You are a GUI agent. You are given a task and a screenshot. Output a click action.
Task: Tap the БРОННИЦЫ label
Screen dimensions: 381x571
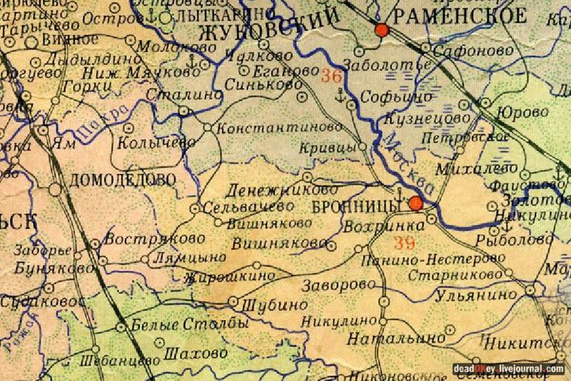coord(357,206)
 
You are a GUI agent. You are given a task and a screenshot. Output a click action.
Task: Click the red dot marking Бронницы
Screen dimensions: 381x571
coord(416,203)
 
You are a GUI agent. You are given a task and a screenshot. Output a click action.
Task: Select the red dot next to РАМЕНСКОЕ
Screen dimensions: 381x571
coord(381,30)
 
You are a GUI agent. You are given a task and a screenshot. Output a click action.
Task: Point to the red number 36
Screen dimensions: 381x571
coord(331,76)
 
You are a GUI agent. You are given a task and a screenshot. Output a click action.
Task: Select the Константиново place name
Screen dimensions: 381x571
coord(279,127)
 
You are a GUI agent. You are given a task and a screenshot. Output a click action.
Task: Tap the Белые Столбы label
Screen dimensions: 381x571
coord(189,325)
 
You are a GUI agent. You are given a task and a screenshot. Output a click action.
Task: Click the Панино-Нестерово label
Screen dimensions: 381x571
coord(433,260)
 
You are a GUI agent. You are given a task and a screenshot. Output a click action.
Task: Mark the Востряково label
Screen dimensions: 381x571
coord(155,239)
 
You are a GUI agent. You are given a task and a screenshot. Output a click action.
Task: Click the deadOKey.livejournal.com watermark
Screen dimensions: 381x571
coord(508,369)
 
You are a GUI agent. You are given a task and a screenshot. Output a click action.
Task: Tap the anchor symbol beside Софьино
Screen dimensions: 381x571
coord(341,96)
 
